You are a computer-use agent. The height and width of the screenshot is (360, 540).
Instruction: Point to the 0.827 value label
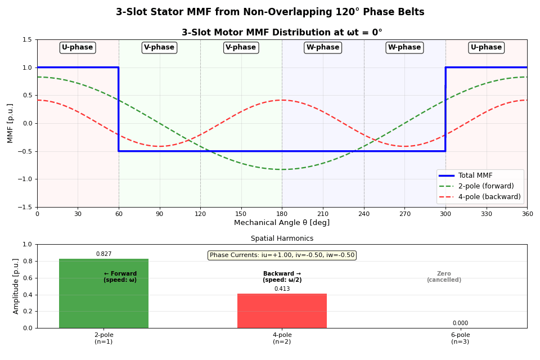[x=103, y=254]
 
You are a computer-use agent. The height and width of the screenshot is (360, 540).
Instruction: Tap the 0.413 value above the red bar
[x=282, y=289]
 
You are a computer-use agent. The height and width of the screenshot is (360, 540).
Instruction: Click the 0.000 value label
[x=460, y=323]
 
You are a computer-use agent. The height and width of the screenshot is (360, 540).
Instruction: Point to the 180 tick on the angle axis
[x=282, y=214]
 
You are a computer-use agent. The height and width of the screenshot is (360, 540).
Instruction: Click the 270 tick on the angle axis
[x=404, y=214]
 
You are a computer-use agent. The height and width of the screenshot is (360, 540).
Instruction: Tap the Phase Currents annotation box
[x=282, y=255]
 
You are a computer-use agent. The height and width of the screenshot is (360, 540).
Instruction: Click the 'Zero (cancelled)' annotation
[x=444, y=277]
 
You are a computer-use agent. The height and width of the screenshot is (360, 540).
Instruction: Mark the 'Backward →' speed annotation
[x=282, y=277]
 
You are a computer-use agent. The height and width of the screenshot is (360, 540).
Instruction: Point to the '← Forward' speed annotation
[x=120, y=277]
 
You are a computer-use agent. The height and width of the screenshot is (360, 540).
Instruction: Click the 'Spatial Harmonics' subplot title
[x=282, y=238]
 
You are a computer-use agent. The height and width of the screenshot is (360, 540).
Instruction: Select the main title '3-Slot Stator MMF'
[x=270, y=12]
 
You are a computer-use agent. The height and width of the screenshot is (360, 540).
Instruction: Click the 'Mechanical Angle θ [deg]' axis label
[x=282, y=223]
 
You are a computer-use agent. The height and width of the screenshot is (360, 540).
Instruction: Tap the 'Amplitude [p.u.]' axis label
[x=16, y=286]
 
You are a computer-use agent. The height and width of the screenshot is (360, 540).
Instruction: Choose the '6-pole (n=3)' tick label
[x=460, y=338]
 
